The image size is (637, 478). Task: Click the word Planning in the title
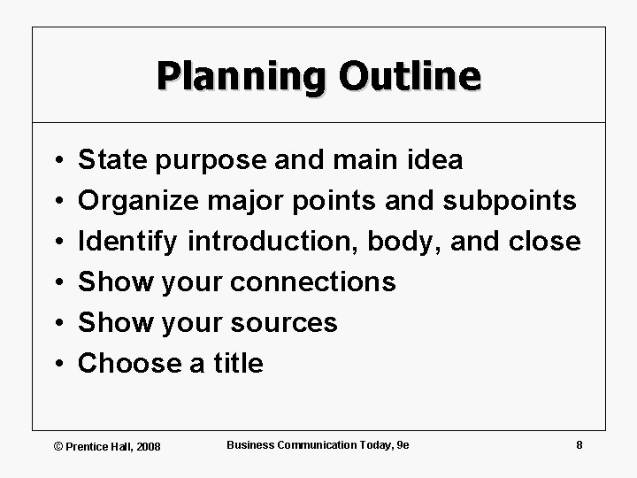point(228,76)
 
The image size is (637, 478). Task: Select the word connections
point(312,282)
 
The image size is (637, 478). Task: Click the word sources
point(284,323)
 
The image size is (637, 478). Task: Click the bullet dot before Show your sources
point(56,324)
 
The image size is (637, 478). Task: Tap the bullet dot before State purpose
point(56,161)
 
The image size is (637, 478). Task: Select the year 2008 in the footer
point(148,445)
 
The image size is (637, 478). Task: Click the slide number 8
point(579,444)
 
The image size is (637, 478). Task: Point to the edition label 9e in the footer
point(403,444)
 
